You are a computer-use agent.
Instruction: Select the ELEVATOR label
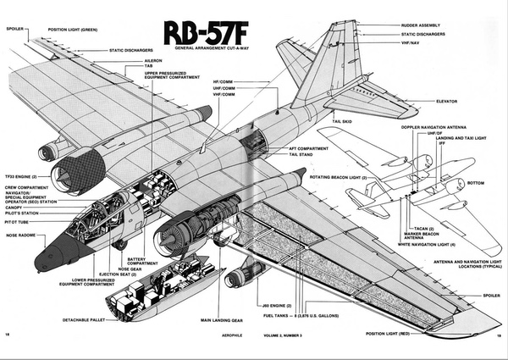446,102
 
